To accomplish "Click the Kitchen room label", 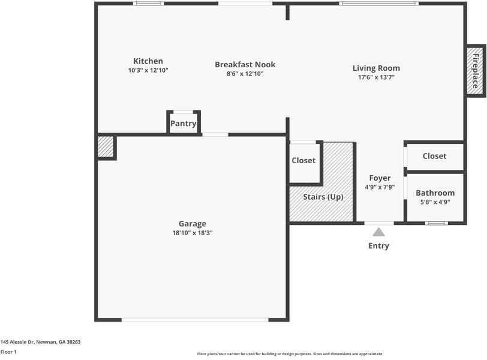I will click(148, 61).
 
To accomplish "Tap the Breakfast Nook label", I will click(245, 65).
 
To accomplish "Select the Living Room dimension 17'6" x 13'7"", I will click(376, 77).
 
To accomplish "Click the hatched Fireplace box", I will click(475, 70).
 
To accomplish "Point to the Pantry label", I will click(183, 124).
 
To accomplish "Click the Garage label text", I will click(192, 224).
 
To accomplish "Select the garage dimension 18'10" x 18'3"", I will click(192, 233).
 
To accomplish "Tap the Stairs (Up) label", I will click(323, 197).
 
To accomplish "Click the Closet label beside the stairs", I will click(303, 161).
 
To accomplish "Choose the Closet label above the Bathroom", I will click(434, 156).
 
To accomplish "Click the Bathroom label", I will click(435, 193).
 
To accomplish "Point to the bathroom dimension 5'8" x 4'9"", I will click(435, 202).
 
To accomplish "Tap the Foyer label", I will click(380, 178).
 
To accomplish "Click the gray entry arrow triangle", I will click(378, 232).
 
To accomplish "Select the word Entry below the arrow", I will click(378, 246).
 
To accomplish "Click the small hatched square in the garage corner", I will click(106, 147).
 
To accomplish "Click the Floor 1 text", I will click(8, 352).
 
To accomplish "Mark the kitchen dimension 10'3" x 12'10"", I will click(148, 70).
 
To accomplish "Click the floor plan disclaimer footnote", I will click(290, 354).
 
